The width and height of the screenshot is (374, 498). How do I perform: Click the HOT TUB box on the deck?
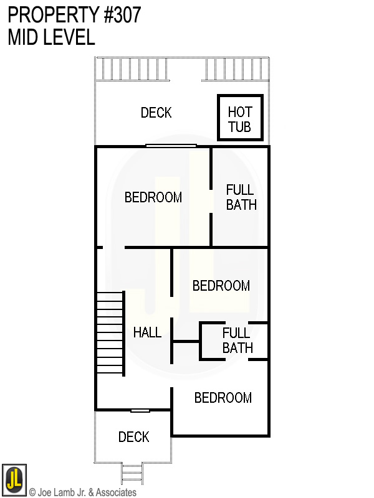pyautogui.click(x=240, y=118)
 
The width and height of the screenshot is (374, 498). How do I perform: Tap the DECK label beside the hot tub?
pyautogui.click(x=156, y=113)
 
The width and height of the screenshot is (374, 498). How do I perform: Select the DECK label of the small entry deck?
pyautogui.click(x=133, y=437)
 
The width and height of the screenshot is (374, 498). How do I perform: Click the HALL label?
pyautogui.click(x=147, y=332)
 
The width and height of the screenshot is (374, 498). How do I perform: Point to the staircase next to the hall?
pyautogui.click(x=110, y=333)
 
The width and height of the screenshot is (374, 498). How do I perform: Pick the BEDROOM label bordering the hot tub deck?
pyautogui.click(x=153, y=197)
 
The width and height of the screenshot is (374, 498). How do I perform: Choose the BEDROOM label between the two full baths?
pyautogui.click(x=221, y=286)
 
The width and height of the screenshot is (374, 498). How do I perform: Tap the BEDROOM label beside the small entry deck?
pyautogui.click(x=223, y=398)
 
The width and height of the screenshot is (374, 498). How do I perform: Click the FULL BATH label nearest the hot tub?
pyautogui.click(x=241, y=197)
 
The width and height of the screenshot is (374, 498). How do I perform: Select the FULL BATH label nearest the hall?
pyautogui.click(x=237, y=341)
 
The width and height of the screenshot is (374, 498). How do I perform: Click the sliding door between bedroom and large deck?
pyautogui.click(x=171, y=146)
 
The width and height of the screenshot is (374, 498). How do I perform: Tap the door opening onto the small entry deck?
pyautogui.click(x=140, y=410)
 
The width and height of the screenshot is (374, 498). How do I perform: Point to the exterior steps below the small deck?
pyautogui.click(x=132, y=474)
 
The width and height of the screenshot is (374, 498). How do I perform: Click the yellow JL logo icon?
pyautogui.click(x=14, y=479)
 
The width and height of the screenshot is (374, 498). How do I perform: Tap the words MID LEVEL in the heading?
pyautogui.click(x=51, y=37)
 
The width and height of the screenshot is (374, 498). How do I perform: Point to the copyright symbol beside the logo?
pyautogui.click(x=32, y=492)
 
